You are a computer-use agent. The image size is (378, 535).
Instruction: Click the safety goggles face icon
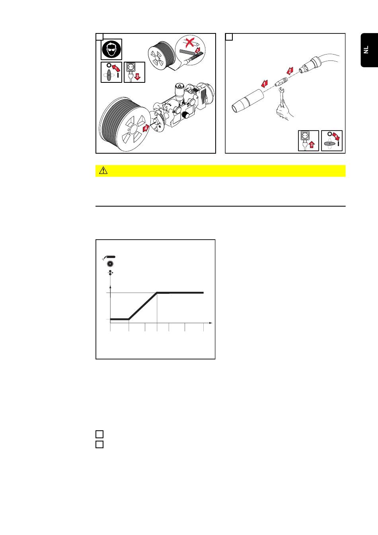(x=111, y=49)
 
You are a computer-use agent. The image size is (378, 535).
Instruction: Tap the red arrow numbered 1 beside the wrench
(x=264, y=84)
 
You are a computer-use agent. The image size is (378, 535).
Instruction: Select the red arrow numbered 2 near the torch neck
(x=290, y=71)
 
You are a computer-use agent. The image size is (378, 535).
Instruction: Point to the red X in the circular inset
(x=189, y=43)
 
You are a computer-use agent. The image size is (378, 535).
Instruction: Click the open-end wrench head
(x=281, y=90)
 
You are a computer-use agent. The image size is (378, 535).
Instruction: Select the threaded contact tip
(x=282, y=82)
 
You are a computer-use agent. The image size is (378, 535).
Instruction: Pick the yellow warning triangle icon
(x=103, y=170)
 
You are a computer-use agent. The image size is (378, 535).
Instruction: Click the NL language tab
(x=369, y=50)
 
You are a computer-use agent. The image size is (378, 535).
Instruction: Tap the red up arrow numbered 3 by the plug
(x=312, y=145)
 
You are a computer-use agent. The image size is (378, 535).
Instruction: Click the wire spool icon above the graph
(x=110, y=264)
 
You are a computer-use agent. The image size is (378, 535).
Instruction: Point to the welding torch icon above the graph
(x=109, y=257)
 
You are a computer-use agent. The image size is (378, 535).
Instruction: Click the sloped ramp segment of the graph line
(x=143, y=306)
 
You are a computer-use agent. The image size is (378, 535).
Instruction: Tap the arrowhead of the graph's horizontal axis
(x=210, y=323)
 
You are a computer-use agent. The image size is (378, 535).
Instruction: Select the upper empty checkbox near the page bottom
(x=99, y=434)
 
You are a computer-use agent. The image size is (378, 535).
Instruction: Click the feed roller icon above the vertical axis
(x=111, y=273)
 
